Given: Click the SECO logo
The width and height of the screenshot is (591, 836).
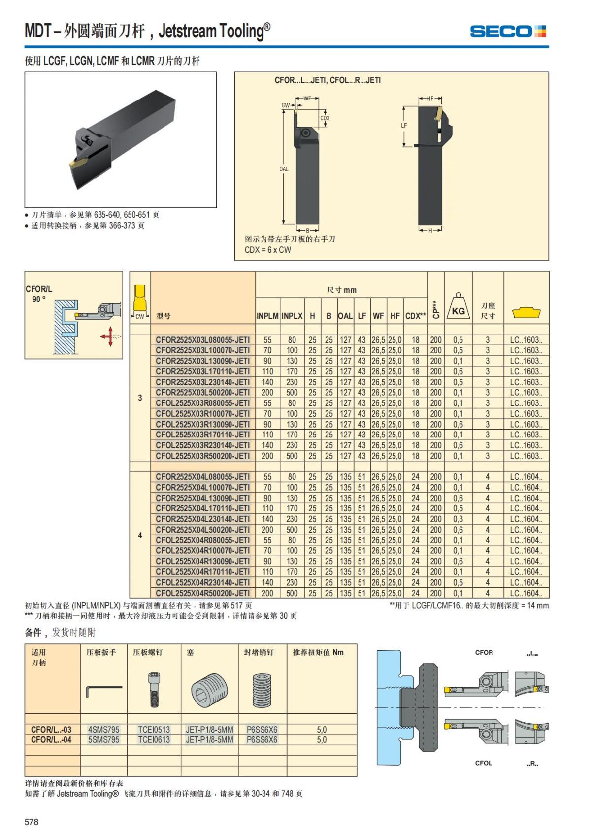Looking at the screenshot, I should (x=508, y=32).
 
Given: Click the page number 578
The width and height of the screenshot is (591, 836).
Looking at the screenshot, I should (x=32, y=822).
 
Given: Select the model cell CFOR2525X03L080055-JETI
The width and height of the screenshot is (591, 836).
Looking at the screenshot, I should (x=202, y=340).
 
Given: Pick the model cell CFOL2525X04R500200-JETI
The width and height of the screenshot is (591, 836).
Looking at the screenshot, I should (x=202, y=593).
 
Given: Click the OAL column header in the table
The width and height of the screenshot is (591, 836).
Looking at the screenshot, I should (x=345, y=316).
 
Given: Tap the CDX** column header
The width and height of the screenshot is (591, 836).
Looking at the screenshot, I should (x=415, y=316).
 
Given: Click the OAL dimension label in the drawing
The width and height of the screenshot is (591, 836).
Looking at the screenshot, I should (x=284, y=169).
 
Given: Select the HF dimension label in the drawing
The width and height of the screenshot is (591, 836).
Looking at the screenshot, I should (x=430, y=99).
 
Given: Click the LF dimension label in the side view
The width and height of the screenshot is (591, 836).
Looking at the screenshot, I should (x=404, y=126).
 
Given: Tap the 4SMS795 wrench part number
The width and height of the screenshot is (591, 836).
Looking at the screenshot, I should (x=103, y=730).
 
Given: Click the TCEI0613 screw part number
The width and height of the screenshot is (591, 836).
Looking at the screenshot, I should (x=154, y=740).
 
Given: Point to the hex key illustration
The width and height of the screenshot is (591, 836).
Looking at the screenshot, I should (x=103, y=689).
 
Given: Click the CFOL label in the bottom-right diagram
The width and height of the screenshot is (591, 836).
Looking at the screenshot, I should (x=483, y=763).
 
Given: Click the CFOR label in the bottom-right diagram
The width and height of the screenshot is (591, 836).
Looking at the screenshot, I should (x=484, y=653).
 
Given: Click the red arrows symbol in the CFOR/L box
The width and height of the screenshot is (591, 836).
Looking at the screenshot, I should (x=108, y=336).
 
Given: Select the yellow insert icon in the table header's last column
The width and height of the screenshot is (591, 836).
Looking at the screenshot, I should (x=526, y=312).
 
